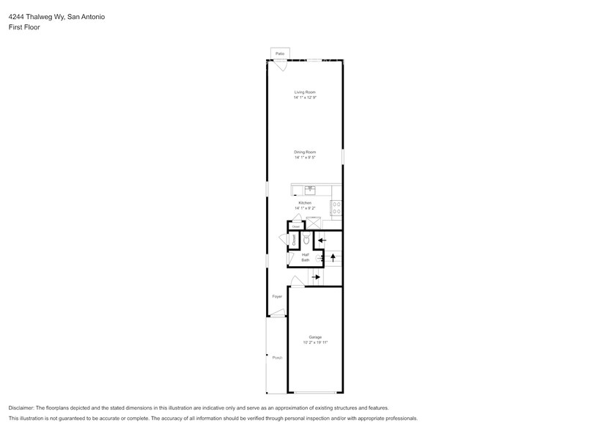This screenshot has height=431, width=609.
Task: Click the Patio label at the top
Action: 279,54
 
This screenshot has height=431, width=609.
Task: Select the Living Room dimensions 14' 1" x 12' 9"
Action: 305,97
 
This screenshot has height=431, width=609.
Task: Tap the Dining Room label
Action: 305,152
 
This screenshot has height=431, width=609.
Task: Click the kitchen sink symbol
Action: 310,189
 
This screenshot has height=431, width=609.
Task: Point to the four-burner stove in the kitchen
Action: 336,208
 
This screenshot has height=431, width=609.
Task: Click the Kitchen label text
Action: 305,202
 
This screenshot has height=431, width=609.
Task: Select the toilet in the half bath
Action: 306,240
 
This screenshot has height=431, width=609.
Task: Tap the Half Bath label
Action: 305,257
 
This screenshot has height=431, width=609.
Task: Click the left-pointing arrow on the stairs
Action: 322,240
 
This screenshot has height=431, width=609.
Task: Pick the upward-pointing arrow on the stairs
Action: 333,257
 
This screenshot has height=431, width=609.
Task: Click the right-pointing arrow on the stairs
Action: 317,277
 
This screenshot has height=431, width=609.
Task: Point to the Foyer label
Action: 277,296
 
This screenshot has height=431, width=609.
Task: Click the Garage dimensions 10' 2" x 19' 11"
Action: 315,342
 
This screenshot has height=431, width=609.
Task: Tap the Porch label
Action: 277,358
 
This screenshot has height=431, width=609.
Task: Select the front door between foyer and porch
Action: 276,314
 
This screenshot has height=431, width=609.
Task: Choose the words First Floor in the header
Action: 24,27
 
